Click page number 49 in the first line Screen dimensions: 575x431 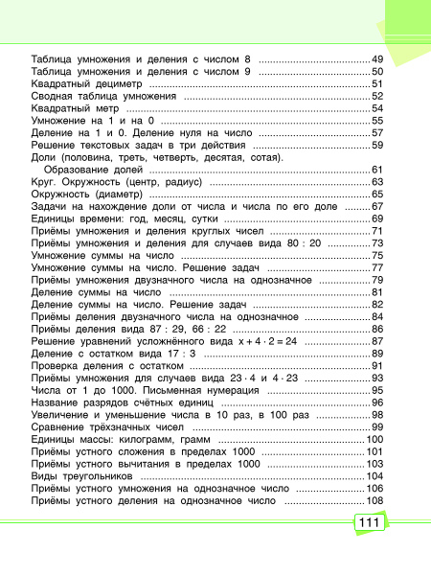(x=377, y=59)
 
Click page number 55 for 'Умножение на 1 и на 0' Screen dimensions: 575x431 (x=377, y=122)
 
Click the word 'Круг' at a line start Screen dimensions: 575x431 (x=44, y=182)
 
